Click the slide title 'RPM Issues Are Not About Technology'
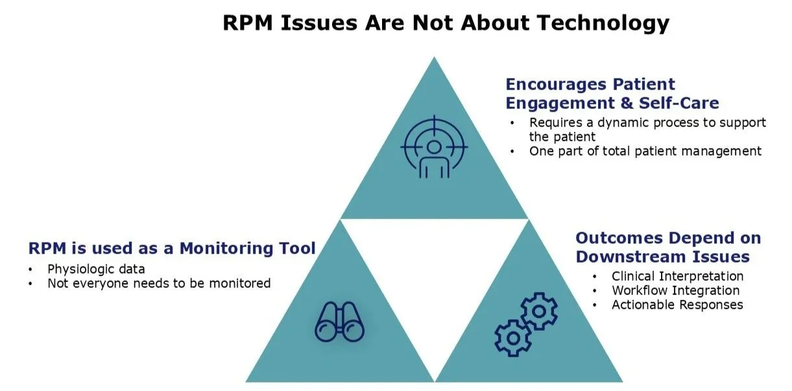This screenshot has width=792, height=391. pos(446,23)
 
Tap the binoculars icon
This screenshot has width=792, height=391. pos(339,322)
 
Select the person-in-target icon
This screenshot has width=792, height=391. pos(433,148)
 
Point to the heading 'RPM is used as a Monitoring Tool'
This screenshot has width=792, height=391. pos(172,248)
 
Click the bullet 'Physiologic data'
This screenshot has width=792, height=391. pos(96,269)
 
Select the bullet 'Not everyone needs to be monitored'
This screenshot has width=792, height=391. pos(159,283)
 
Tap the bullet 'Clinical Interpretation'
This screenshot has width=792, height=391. pos(677,277)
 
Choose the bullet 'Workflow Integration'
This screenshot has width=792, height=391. pos(675,290)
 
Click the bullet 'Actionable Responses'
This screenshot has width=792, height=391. pos(677,305)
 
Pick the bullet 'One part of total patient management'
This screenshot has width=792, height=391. pos(645,151)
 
